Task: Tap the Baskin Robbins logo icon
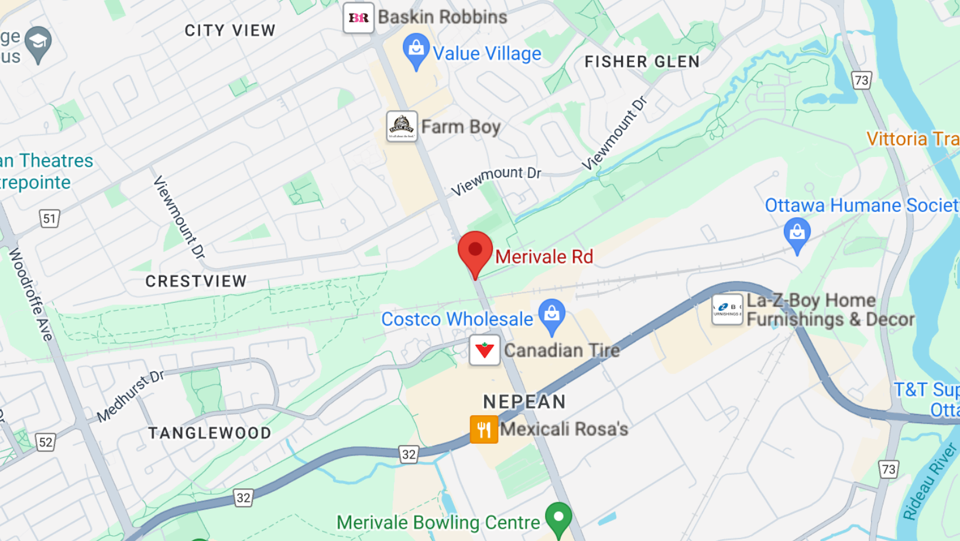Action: (358, 18)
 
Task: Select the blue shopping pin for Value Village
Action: (416, 50)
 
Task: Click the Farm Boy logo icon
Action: (402, 126)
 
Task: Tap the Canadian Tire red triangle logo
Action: (485, 350)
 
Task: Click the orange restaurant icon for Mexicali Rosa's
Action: (484, 429)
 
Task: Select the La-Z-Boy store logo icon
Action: (727, 309)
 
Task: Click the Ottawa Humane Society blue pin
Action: (797, 234)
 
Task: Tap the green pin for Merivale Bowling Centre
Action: (558, 518)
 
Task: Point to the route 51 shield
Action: (50, 219)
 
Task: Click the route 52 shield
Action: (46, 442)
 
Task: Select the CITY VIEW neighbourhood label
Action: (230, 30)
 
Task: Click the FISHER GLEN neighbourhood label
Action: (642, 61)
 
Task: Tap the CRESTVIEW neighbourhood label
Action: (196, 281)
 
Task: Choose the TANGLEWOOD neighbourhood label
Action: (210, 433)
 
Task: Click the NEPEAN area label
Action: (524, 402)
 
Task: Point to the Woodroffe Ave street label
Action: (31, 295)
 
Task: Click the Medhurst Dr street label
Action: (131, 396)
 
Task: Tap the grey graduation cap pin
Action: (39, 43)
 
